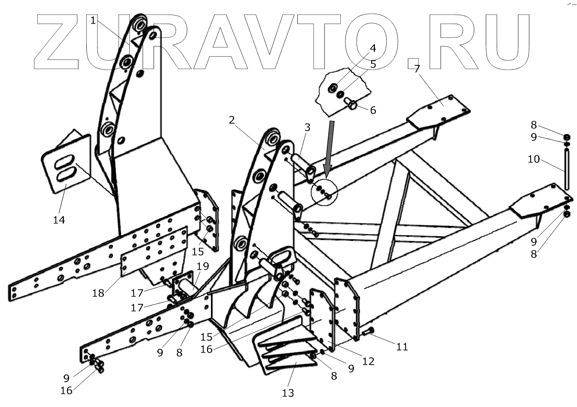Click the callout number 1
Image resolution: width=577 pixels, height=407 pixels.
pos(94,20)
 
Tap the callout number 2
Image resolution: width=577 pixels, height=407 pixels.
pos(232,120)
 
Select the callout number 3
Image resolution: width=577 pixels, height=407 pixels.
pos(307,127)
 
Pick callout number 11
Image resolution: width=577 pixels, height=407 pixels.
pos(402,346)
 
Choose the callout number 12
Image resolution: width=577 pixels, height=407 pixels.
pos(368,361)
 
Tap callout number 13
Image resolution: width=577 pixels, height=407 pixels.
pos(288,392)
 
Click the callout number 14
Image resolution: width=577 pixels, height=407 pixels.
pos(59,220)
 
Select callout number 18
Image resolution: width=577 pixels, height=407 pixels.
pos(98,293)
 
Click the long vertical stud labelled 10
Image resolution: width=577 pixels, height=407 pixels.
pos(567,168)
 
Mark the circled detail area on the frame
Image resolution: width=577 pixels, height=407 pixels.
pos(324,192)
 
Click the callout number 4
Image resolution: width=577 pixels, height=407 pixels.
pos(372,48)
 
